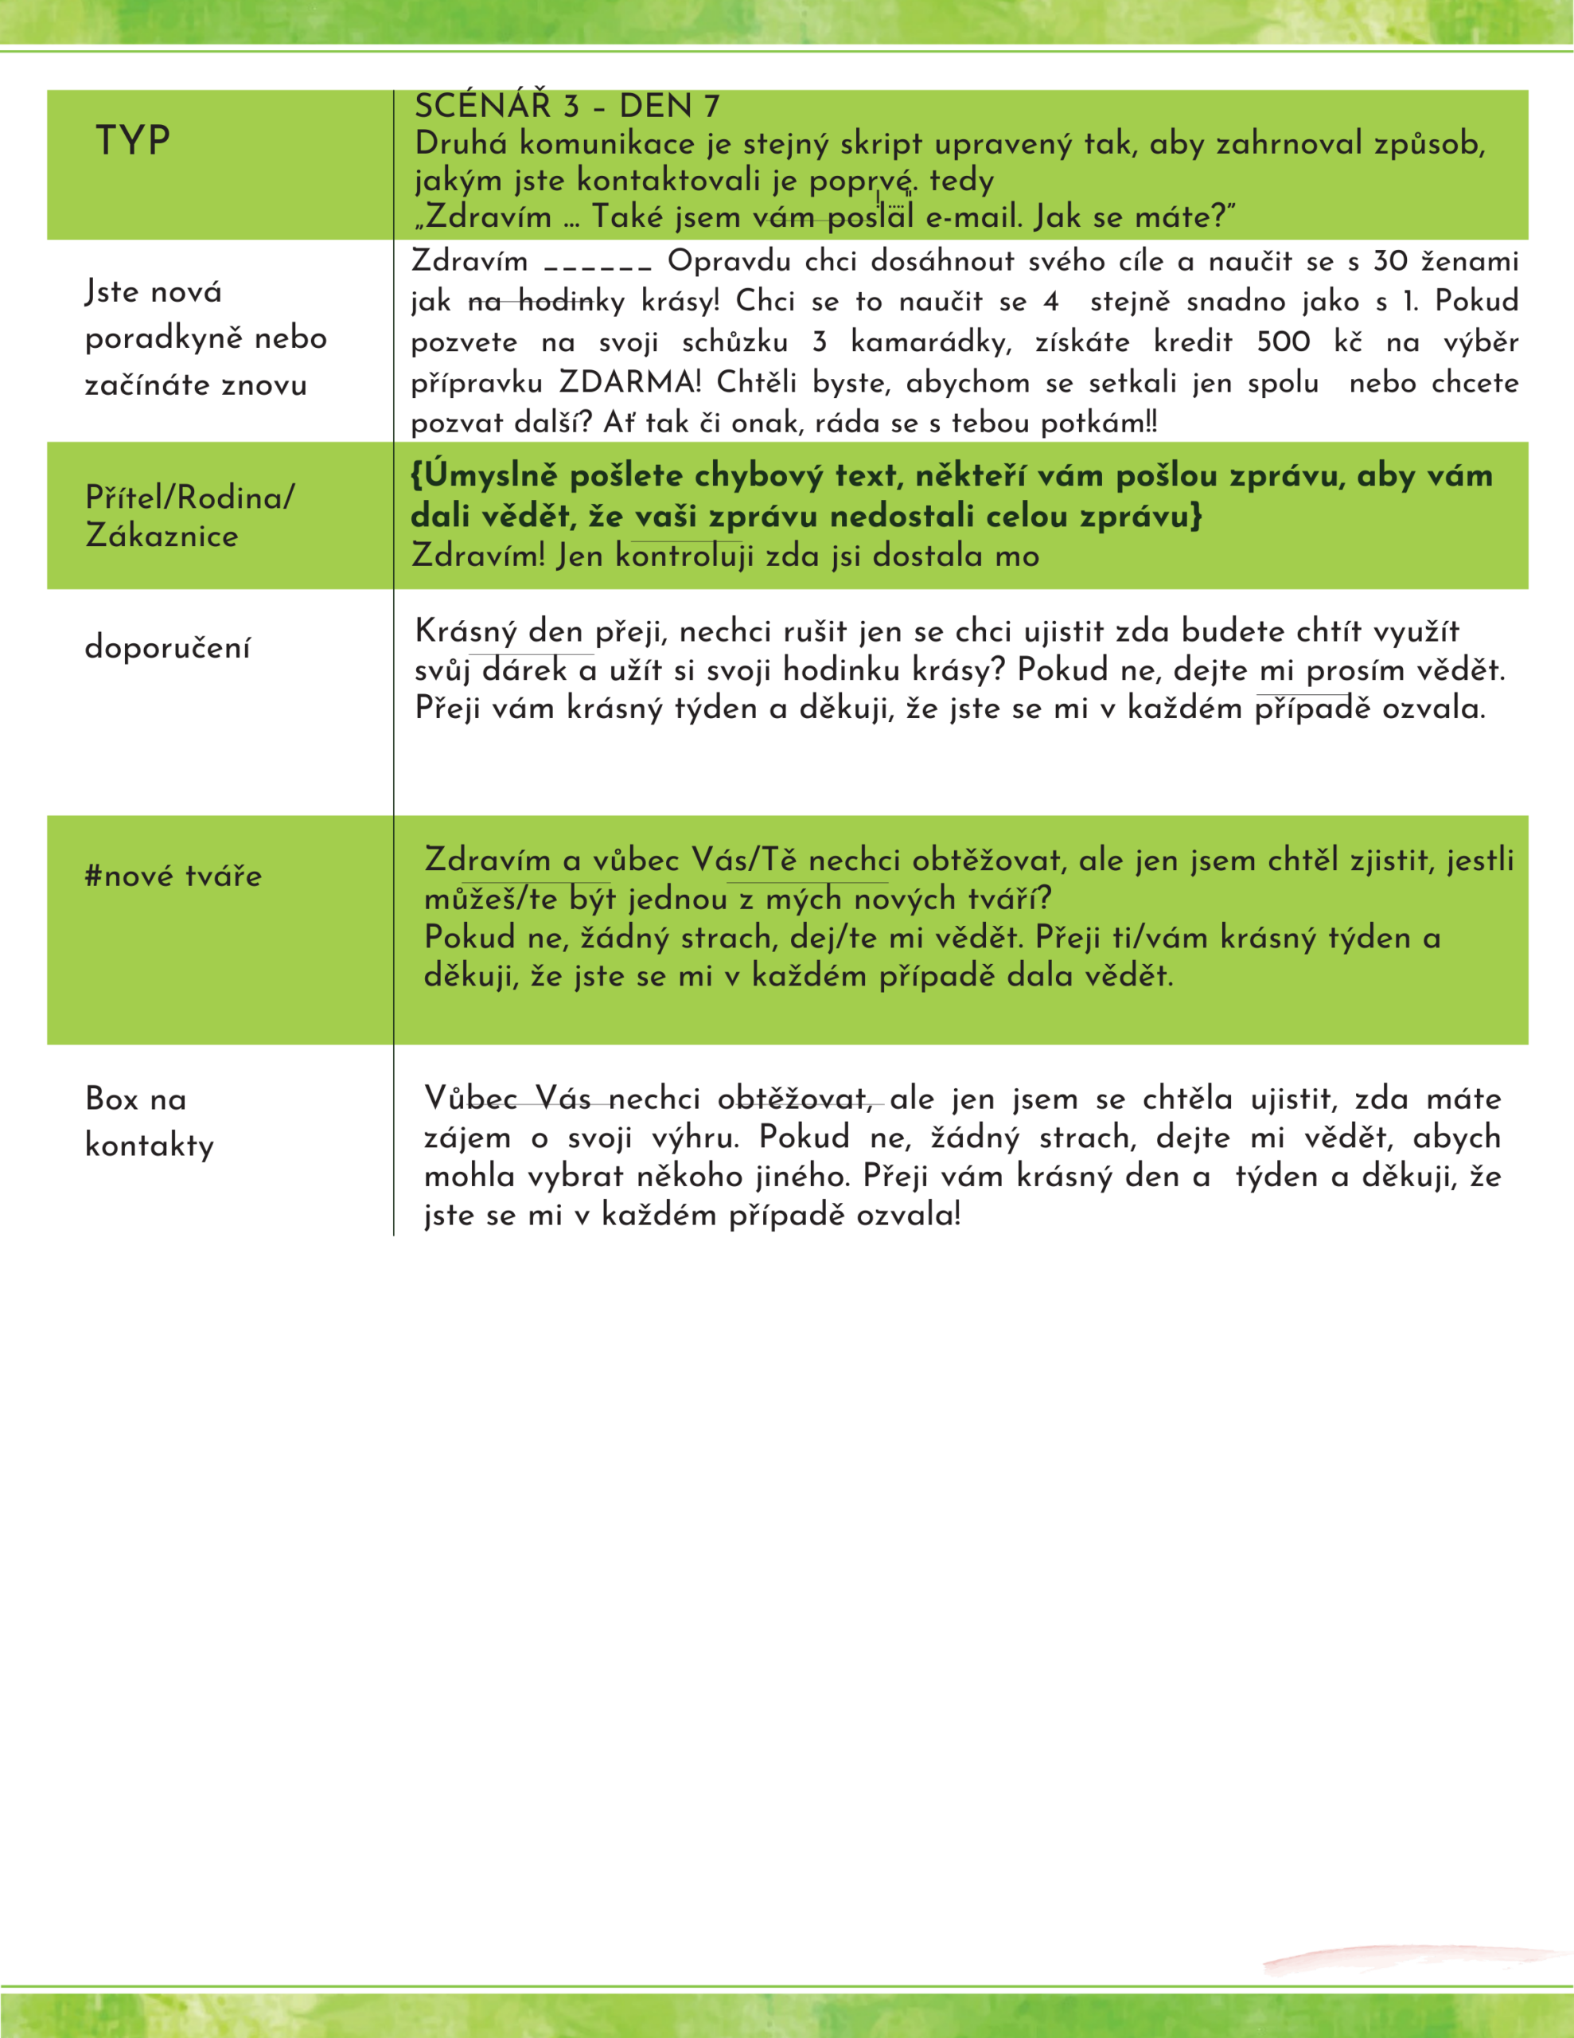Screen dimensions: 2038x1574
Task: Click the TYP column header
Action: pyautogui.click(x=132, y=141)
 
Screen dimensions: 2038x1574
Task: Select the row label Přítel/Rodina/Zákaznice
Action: pyautogui.click(x=189, y=516)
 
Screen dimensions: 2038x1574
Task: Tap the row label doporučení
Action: pyautogui.click(x=167, y=647)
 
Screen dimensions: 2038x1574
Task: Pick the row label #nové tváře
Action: pyautogui.click(x=173, y=875)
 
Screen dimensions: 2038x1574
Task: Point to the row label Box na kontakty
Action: pyautogui.click(x=150, y=1122)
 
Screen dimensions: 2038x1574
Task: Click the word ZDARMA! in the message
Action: pyautogui.click(x=629, y=383)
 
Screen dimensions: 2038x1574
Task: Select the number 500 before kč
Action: pyautogui.click(x=1283, y=342)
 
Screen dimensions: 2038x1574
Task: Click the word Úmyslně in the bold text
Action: pyautogui.click(x=491, y=476)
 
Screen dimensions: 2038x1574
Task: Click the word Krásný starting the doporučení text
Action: pyautogui.click(x=466, y=632)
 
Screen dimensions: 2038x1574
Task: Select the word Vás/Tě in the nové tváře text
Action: pyautogui.click(x=743, y=860)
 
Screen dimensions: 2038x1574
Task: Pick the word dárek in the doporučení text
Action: pyautogui.click(x=524, y=670)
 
